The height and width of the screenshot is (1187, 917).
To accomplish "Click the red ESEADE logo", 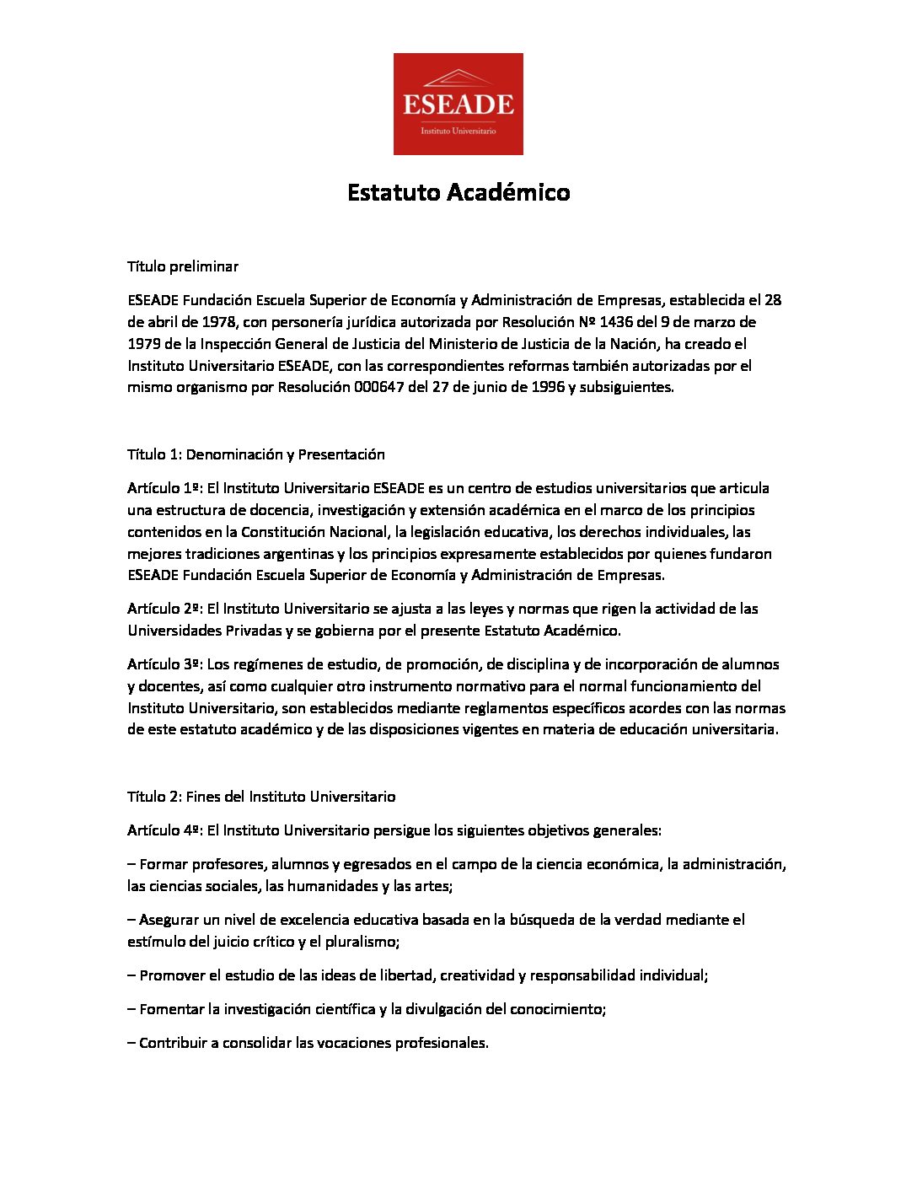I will click(x=458, y=104).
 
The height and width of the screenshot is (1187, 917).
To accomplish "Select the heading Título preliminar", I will click(x=183, y=266).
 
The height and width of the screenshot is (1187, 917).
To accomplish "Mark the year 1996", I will click(x=548, y=388).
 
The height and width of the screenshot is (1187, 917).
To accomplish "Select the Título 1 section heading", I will click(x=256, y=454).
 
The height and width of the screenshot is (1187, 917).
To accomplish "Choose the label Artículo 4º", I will click(x=164, y=830).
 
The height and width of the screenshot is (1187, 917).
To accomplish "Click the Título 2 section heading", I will click(x=261, y=797).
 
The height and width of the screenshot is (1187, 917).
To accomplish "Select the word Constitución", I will click(x=280, y=532).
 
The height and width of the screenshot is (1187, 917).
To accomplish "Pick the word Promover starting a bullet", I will click(x=172, y=975).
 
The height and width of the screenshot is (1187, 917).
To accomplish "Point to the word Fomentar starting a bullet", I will click(x=172, y=1009).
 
